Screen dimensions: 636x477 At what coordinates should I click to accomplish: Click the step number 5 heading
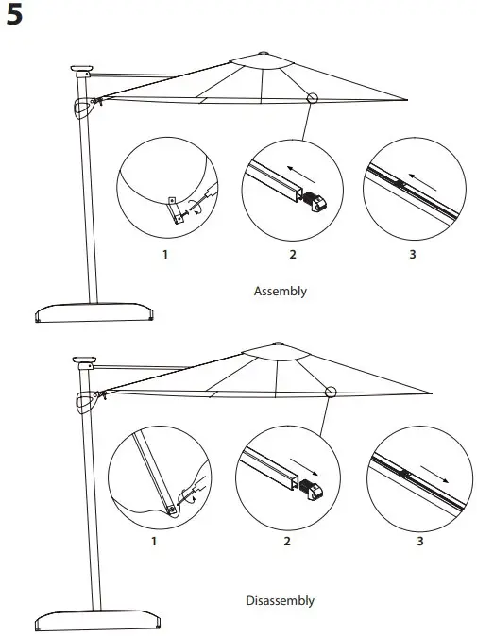16,18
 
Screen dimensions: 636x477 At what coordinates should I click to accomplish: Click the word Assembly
281,291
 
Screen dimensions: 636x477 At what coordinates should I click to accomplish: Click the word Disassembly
281,600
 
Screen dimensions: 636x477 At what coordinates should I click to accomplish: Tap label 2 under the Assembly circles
292,255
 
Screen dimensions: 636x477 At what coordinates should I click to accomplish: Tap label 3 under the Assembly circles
411,255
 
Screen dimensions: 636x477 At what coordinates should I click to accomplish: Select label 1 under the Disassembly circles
154,542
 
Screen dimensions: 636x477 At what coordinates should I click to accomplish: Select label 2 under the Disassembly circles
287,542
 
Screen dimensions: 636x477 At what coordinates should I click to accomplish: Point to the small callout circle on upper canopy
312,97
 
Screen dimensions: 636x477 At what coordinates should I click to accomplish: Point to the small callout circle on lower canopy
331,393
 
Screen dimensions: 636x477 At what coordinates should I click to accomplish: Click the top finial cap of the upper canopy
262,52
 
